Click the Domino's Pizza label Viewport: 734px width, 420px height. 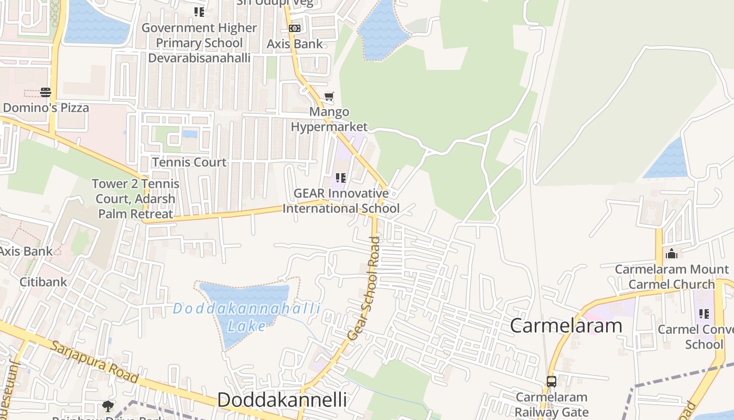(46, 108)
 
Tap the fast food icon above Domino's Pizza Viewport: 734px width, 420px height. (46, 93)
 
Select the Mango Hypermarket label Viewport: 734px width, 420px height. (329, 119)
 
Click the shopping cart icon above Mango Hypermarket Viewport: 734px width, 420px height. (329, 96)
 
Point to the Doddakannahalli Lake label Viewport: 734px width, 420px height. (246, 317)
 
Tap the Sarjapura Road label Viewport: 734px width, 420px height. (94, 362)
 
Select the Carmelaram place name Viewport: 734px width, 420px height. (566, 325)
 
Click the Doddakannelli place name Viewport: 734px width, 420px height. (282, 400)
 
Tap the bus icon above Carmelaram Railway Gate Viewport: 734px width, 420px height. (551, 382)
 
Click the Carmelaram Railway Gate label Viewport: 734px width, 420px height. (551, 404)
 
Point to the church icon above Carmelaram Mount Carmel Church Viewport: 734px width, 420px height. (672, 254)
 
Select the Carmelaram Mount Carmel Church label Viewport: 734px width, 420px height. (672, 277)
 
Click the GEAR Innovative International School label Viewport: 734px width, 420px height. (341, 201)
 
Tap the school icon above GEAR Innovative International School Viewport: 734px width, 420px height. (340, 178)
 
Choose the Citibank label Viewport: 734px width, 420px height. (44, 282)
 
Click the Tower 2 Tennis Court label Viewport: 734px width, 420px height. (136, 198)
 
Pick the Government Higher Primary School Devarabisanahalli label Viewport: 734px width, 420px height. (199, 43)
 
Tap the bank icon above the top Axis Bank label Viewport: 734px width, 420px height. (295, 28)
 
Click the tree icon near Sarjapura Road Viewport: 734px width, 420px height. (108, 405)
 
